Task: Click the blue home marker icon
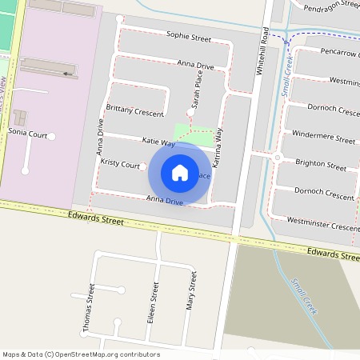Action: (x=180, y=173)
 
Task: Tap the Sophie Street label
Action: (x=188, y=38)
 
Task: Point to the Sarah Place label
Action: (x=197, y=88)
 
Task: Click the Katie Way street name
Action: (x=158, y=142)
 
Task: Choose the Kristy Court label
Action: (x=120, y=163)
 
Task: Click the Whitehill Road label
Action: (x=261, y=50)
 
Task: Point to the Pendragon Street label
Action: (x=329, y=4)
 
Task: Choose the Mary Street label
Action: (x=191, y=290)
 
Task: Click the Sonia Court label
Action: (x=27, y=134)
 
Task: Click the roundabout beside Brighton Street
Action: (x=277, y=158)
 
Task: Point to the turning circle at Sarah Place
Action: (x=190, y=110)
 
